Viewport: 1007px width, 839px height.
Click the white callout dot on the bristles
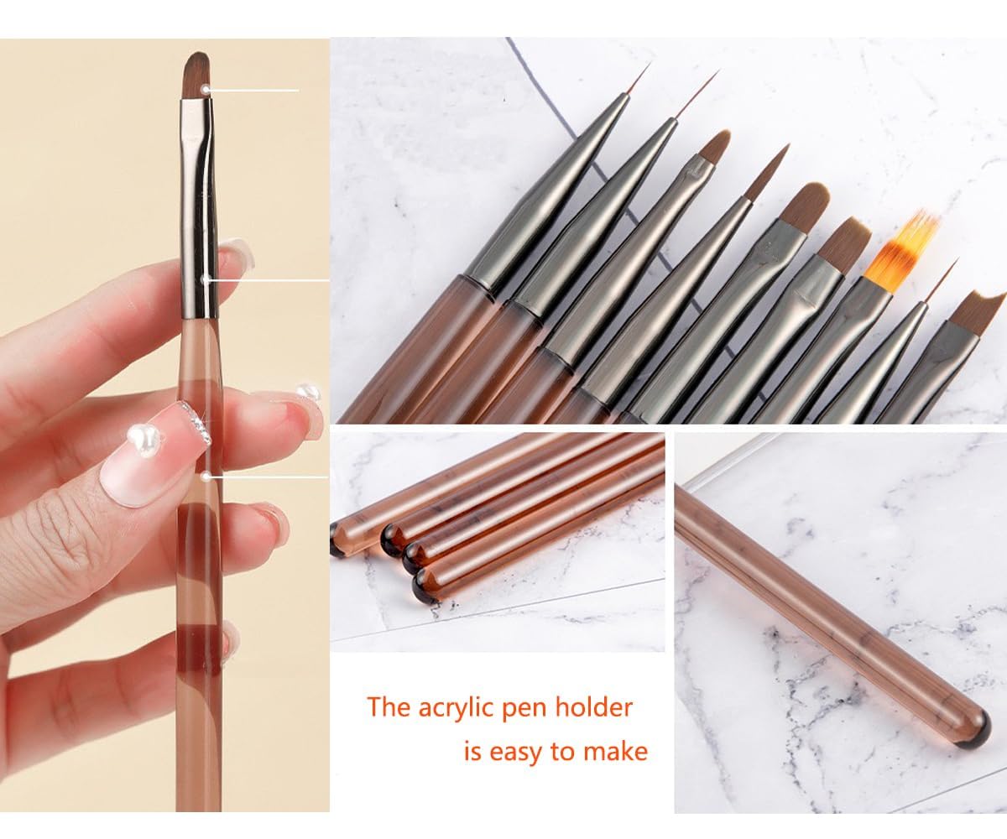pos(206,89)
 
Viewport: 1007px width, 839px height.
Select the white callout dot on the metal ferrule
pos(205,279)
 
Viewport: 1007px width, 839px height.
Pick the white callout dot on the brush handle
pos(206,477)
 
